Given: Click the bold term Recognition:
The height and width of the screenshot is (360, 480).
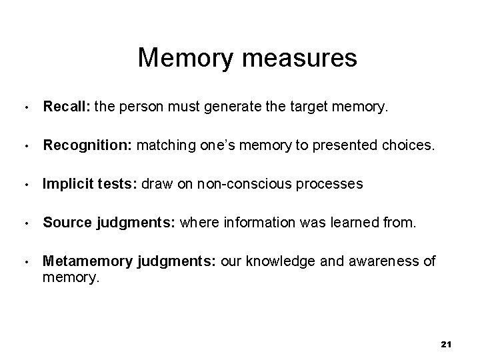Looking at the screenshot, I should tap(88, 144).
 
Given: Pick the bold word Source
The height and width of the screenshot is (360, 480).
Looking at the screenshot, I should tap(63, 222).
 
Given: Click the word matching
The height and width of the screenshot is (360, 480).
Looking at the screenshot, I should tap(165, 144).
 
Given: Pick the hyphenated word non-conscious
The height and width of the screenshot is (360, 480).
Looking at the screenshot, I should tap(258, 183).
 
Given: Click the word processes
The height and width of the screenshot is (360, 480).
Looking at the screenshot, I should tap(333, 183).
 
